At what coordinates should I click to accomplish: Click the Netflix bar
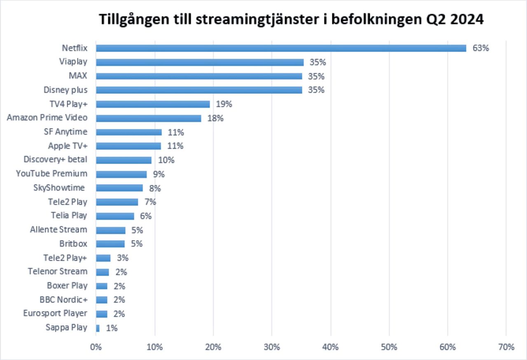(x=281, y=48)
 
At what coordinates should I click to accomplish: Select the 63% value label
(x=480, y=48)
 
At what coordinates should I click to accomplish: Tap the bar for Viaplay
(x=200, y=62)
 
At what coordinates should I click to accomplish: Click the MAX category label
(x=78, y=76)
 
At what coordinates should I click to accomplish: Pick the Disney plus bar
(x=199, y=90)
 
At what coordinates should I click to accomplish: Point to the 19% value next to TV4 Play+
(x=224, y=104)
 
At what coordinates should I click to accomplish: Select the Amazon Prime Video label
(x=47, y=118)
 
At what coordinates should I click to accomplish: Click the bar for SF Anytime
(x=128, y=132)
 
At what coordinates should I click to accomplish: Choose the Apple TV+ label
(x=68, y=146)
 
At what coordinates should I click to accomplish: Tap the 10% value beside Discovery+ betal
(x=166, y=160)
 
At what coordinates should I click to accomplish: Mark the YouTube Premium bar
(x=121, y=174)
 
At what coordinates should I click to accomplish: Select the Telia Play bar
(x=115, y=216)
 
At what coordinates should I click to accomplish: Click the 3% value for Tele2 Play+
(x=123, y=258)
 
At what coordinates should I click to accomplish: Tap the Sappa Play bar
(x=98, y=328)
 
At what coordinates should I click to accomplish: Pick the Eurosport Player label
(x=55, y=314)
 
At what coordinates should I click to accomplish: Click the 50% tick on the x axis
(x=389, y=347)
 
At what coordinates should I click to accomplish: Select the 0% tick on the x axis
(x=96, y=347)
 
